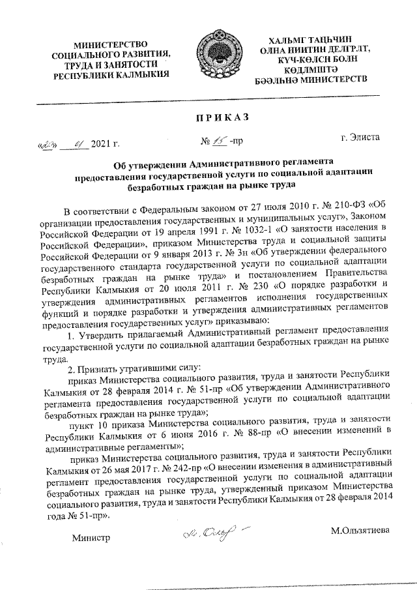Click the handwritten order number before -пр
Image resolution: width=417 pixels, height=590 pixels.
point(214,140)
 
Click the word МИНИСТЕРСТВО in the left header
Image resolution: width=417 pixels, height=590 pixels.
point(108,44)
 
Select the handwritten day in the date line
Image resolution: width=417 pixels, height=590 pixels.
point(48,143)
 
